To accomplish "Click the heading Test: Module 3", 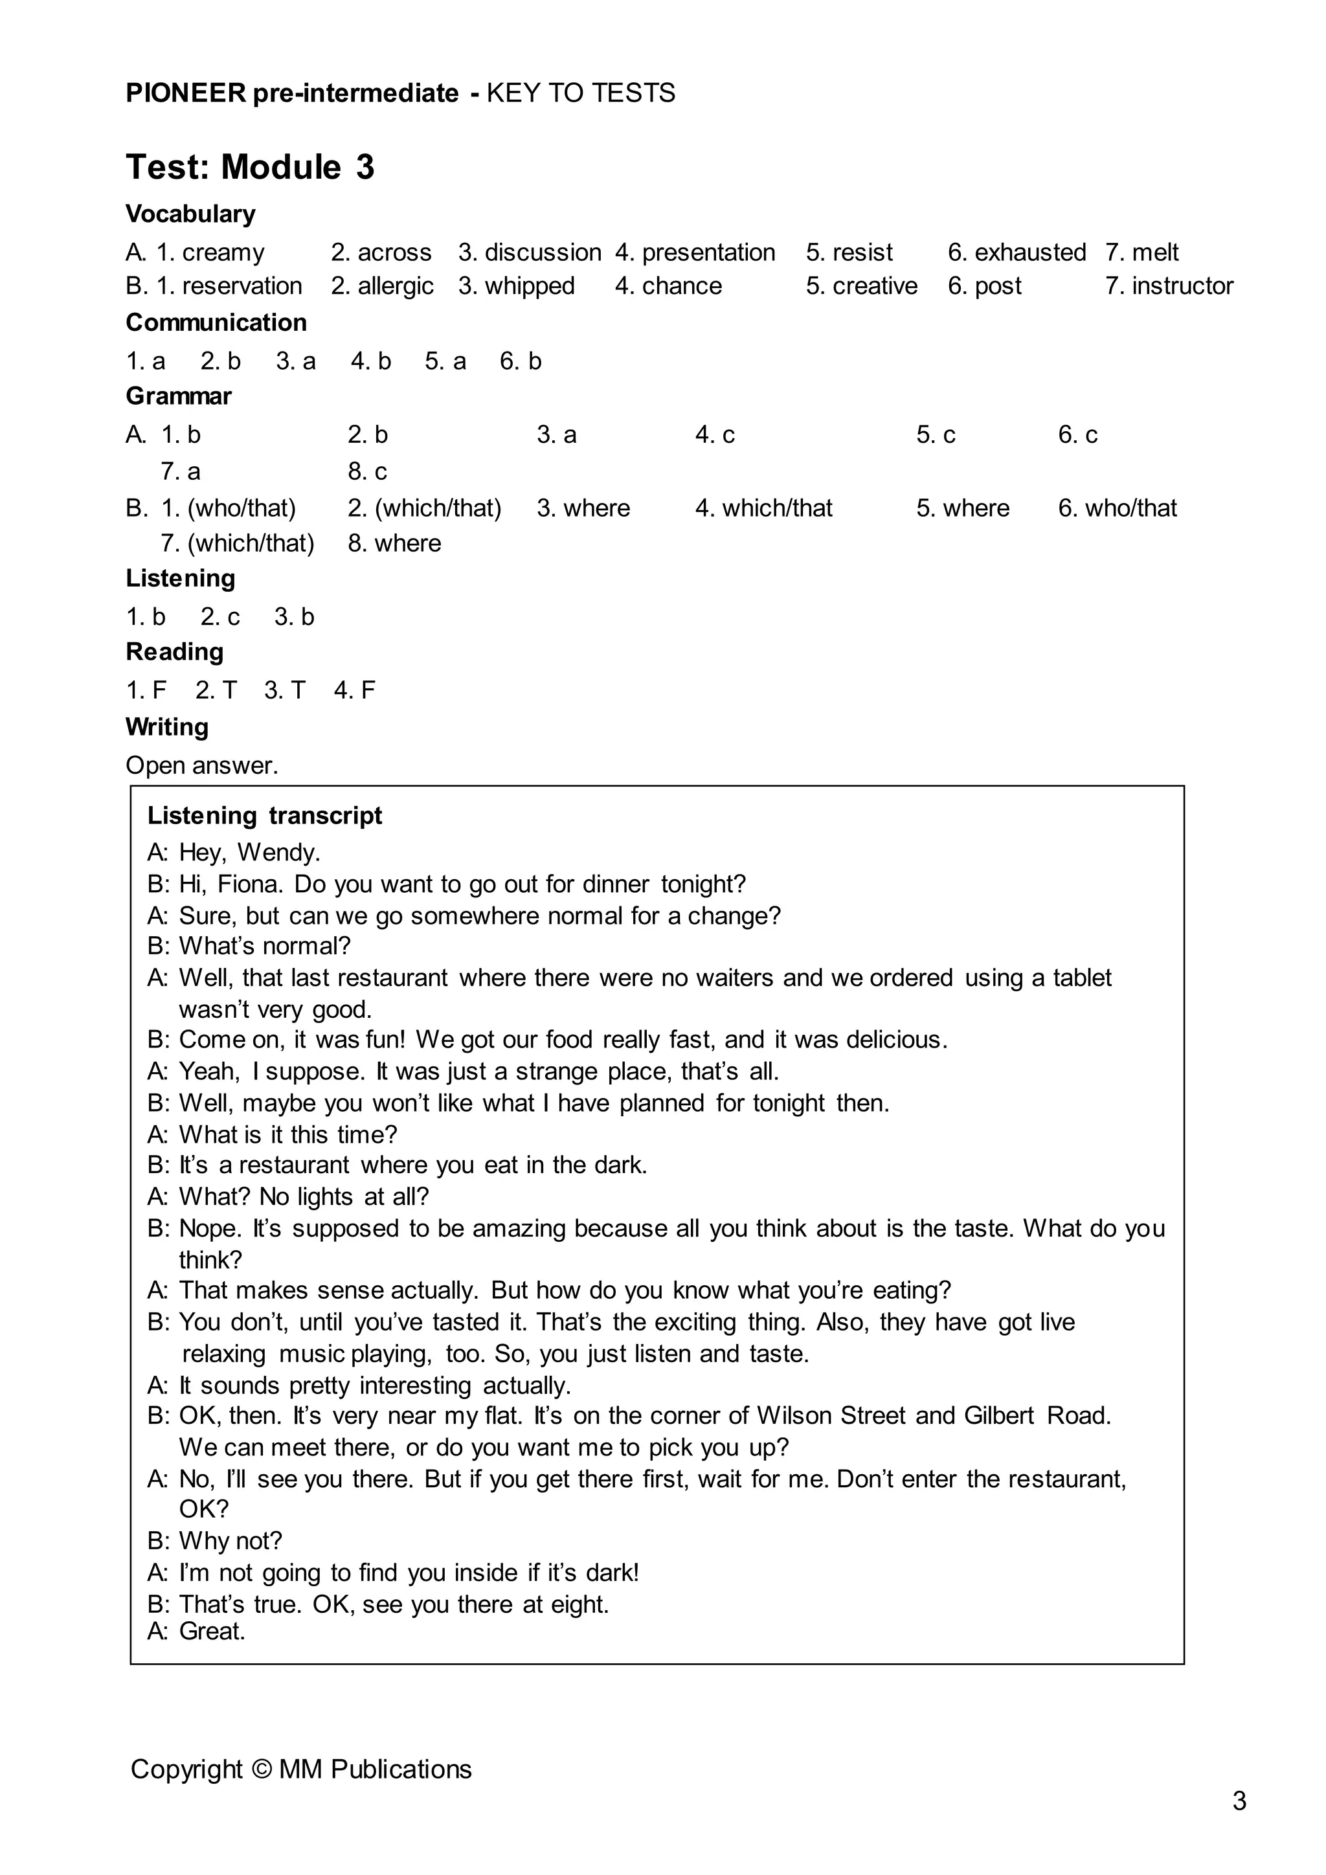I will coord(250,168).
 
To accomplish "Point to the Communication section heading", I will coord(216,322).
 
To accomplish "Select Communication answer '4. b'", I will coord(371,361).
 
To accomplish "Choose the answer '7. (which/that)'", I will coord(237,543).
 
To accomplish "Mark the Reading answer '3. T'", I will coord(284,690).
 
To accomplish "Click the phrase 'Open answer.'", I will coord(201,765).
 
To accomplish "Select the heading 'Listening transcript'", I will coord(265,815).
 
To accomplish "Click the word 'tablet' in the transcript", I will coord(1082,978).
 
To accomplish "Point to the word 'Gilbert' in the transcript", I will coord(998,1415).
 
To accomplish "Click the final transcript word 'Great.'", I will coord(212,1632).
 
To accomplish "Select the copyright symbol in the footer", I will coord(260,1769).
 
